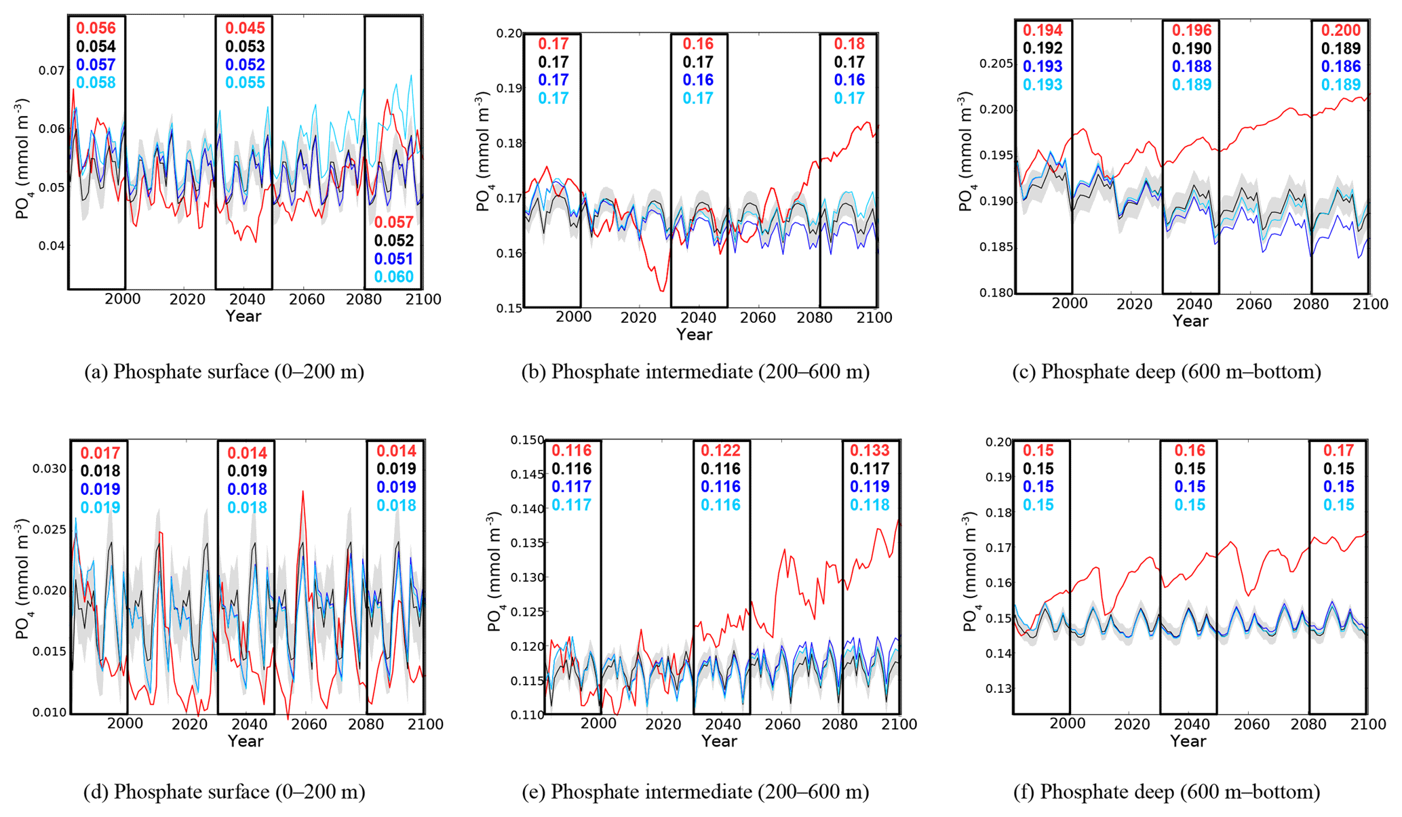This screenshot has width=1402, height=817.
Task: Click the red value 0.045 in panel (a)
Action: (245, 28)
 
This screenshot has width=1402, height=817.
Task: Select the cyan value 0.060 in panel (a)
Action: (393, 277)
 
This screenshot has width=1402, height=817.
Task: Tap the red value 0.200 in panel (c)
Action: (1341, 31)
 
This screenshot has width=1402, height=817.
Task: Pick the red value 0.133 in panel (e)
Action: (870, 451)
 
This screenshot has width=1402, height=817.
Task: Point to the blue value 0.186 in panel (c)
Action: (1341, 66)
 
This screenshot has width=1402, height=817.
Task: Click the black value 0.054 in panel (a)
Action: (96, 47)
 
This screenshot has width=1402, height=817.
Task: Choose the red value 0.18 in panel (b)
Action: (849, 44)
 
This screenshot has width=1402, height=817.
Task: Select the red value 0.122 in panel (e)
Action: (720, 451)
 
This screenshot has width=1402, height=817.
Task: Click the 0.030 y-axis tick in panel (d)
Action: (49, 469)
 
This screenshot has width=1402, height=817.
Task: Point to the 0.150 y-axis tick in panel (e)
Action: (526, 441)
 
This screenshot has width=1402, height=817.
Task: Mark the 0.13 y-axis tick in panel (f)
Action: (998, 689)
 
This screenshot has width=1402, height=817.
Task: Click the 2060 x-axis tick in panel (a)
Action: (307, 300)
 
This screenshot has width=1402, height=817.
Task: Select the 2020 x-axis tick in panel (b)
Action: (638, 318)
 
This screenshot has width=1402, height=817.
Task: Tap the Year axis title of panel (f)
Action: (1188, 741)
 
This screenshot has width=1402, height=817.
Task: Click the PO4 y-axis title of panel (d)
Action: (22, 580)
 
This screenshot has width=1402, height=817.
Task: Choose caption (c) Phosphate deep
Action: (1166, 372)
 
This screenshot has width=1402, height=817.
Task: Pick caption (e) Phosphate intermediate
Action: (695, 792)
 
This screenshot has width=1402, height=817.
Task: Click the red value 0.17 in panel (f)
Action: (1338, 451)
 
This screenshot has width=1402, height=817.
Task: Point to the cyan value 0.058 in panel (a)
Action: (96, 83)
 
